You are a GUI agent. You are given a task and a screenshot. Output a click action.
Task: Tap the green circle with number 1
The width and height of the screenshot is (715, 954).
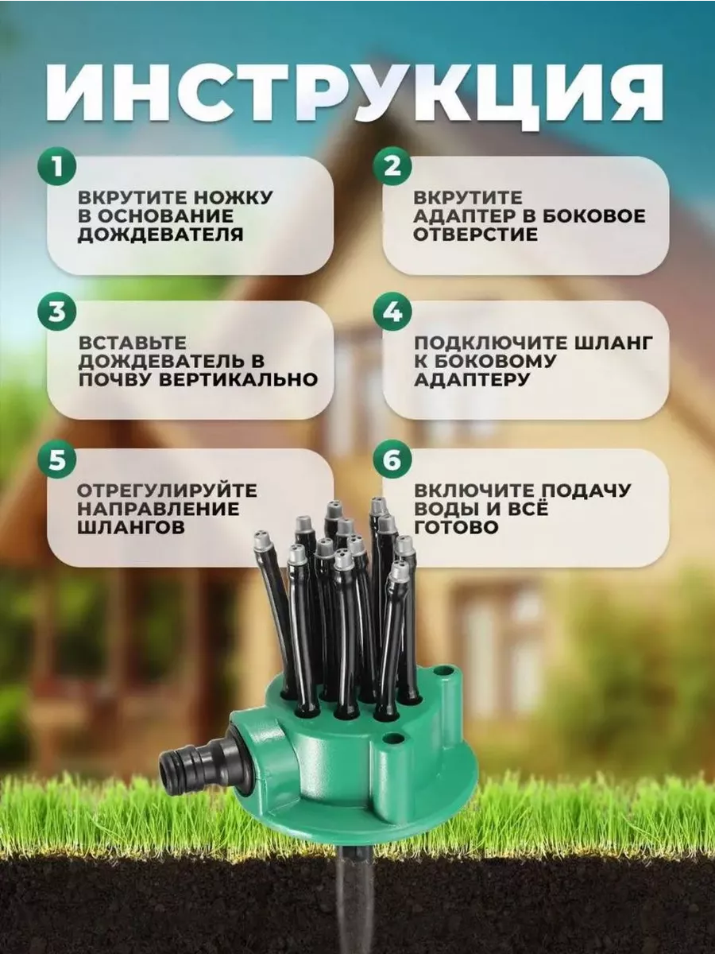click(x=57, y=166)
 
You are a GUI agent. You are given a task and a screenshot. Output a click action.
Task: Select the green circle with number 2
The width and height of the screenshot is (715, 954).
click(x=392, y=166)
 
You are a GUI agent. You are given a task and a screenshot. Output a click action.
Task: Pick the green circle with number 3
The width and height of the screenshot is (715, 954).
click(x=57, y=312)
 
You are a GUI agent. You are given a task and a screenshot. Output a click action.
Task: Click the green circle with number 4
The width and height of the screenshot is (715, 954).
click(x=392, y=312)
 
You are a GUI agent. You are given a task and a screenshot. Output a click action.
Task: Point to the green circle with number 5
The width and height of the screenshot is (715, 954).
click(x=57, y=460)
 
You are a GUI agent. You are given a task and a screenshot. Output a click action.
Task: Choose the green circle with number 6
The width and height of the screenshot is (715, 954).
click(x=392, y=460)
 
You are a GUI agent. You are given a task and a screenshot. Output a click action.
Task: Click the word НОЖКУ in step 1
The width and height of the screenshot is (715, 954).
click(x=233, y=198)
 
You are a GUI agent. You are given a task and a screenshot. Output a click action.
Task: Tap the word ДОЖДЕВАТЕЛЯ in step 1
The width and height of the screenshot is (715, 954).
click(x=160, y=235)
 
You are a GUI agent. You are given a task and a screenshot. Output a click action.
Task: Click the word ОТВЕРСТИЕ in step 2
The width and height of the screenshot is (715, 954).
click(x=475, y=235)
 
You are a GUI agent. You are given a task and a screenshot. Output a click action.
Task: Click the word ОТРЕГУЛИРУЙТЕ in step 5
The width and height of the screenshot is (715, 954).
click(x=167, y=491)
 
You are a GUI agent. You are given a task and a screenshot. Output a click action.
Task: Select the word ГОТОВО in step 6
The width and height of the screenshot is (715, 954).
click(x=456, y=528)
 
